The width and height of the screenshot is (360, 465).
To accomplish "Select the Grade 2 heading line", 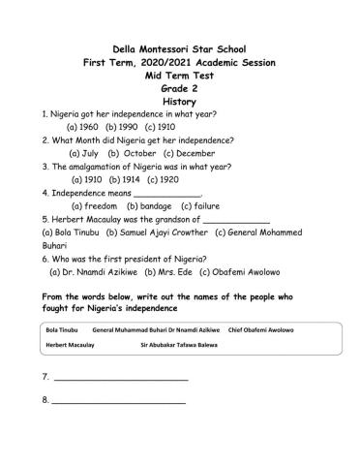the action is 180,86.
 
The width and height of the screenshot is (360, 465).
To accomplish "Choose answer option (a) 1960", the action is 83,127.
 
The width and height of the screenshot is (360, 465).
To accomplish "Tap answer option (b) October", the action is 130,153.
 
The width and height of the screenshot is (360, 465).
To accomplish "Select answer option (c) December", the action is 191,153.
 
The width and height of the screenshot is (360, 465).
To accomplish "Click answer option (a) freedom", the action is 95,206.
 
